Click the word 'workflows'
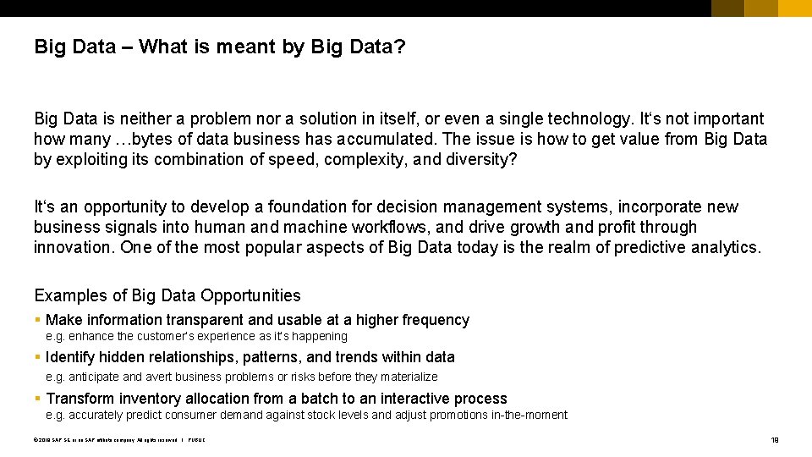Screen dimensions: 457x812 pos(388,227)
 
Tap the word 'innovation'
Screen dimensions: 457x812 pos(74,247)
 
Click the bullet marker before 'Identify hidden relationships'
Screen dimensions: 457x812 pos(37,357)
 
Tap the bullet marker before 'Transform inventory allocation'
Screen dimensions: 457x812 pos(37,399)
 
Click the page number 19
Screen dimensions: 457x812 pos(774,439)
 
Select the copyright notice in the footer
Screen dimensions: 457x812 pos(118,439)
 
